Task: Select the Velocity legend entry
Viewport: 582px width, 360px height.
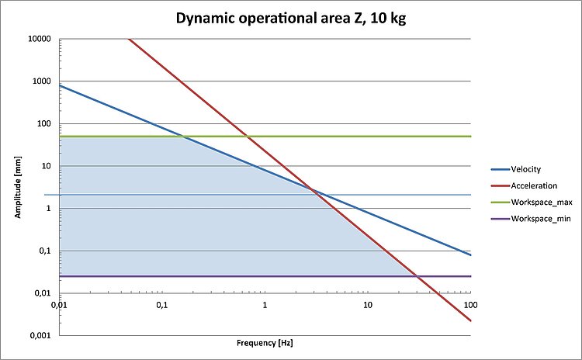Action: click(526, 169)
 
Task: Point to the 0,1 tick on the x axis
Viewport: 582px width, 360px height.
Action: click(162, 305)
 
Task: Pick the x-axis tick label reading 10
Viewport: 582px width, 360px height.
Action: click(368, 305)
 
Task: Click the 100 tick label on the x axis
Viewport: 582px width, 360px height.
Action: click(470, 305)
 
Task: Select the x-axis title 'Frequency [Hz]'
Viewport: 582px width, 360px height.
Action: click(265, 342)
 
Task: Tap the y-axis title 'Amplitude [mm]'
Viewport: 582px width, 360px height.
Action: click(16, 187)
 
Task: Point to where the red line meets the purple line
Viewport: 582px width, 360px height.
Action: click(417, 276)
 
